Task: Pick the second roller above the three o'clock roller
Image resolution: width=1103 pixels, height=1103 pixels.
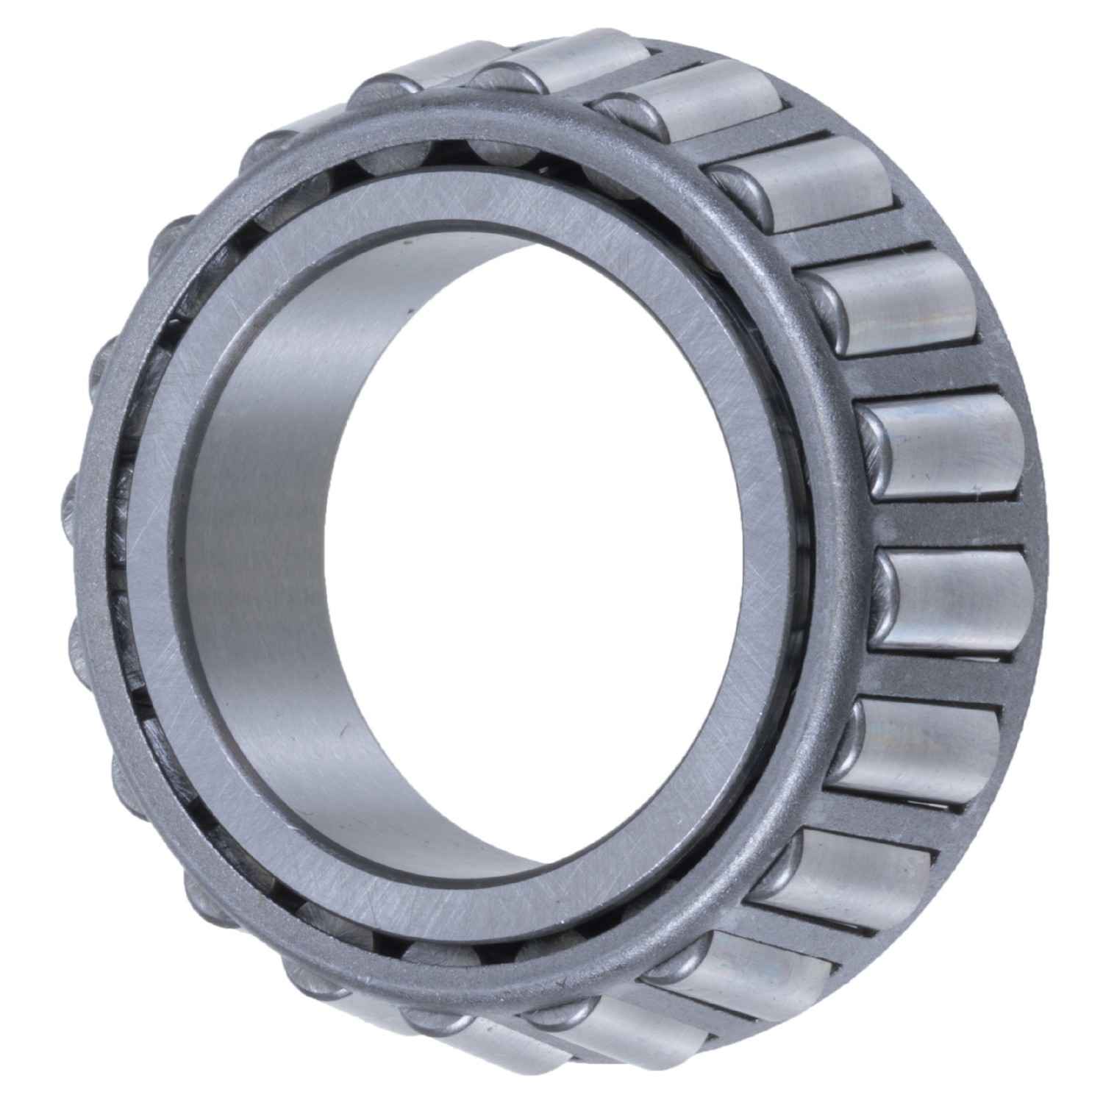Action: point(897,301)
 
